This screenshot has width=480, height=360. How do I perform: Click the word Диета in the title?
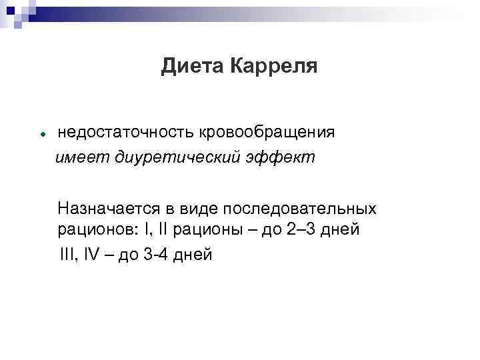(x=192, y=67)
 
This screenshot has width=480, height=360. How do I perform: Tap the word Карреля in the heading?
(x=273, y=67)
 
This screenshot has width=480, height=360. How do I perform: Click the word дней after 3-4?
(x=195, y=254)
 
